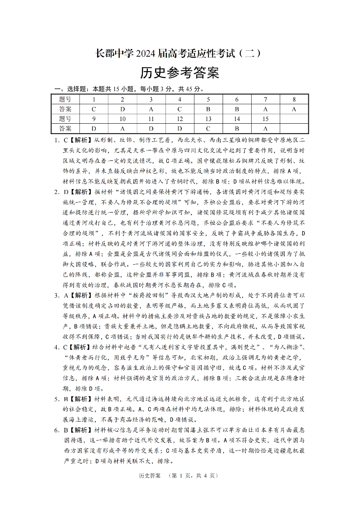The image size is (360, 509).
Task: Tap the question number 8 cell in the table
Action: pyautogui.click(x=294, y=99)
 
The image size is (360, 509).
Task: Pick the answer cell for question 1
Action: pyautogui.click(x=94, y=109)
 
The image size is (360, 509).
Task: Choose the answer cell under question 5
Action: pyautogui.click(x=208, y=109)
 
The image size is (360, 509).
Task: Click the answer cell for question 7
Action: pyautogui.click(x=265, y=109)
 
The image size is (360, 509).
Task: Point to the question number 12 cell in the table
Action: pyautogui.click(x=180, y=119)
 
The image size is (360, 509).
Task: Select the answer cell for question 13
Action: pyautogui.click(x=208, y=128)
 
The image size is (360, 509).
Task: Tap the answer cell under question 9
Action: pyautogui.click(x=94, y=128)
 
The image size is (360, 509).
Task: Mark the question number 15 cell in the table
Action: pyautogui.click(x=265, y=119)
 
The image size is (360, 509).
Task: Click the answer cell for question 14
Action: pyautogui.click(x=237, y=128)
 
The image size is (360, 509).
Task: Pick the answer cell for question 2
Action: pyautogui.click(x=122, y=109)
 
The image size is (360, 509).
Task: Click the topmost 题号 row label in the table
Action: pyautogui.click(x=65, y=99)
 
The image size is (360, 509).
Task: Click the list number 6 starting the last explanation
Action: pyautogui.click(x=57, y=430)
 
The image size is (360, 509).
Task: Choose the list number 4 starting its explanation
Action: pyautogui.click(x=57, y=347)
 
